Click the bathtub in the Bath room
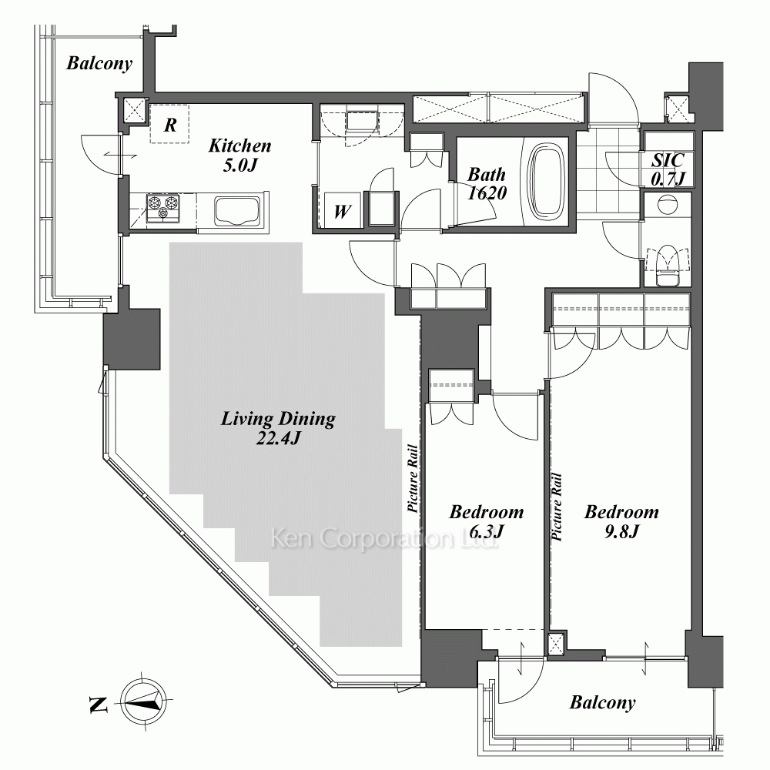point(545,181)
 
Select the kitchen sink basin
point(236,211)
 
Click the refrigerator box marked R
point(169,124)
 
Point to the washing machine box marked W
point(343,210)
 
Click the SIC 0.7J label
point(668,169)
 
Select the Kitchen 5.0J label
point(239,155)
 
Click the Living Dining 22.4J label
point(278,427)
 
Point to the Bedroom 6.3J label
point(486,521)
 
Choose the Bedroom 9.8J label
point(621,521)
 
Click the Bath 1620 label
point(487,183)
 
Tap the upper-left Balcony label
point(99,64)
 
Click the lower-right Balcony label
point(603,703)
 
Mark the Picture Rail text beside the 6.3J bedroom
point(413,479)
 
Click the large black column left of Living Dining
point(132,339)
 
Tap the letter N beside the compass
point(99,705)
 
